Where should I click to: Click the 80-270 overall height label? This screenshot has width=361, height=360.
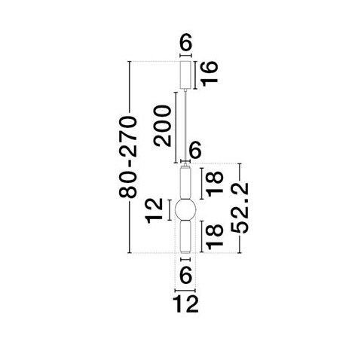pos(128,157)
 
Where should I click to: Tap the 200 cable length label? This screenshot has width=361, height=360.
pos(163,126)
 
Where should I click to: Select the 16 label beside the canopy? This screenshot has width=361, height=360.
pos(210,74)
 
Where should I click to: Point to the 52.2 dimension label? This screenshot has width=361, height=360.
pos(240,208)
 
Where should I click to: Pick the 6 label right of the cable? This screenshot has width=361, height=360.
pos(194,150)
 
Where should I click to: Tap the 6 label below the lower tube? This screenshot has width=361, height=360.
pos(186,275)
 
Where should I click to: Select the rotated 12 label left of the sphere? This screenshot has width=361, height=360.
pos(154,210)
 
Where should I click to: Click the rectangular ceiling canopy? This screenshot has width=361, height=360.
pos(186,75)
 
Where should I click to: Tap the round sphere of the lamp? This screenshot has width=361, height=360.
pos(185,210)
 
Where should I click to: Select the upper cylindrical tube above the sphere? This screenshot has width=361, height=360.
pos(185,183)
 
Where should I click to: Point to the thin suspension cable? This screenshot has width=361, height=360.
pos(185,127)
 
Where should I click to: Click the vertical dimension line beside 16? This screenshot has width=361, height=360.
pos(195,75)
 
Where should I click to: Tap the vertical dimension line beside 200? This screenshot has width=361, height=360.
pos(176,127)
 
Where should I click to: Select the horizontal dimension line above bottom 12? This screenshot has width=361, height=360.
pos(185,290)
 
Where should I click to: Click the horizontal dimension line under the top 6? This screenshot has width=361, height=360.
pos(186,56)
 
